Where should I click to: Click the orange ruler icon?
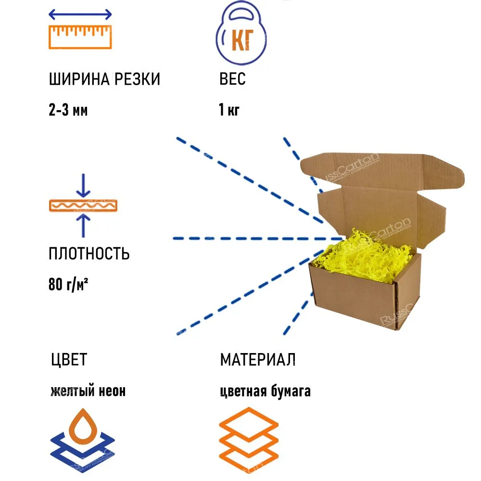[x=80, y=37]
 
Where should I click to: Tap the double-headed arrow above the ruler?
[x=80, y=14]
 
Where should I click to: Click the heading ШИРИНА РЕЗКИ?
[x=104, y=79]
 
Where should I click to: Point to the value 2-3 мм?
[x=68, y=110]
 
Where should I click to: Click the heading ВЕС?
[x=232, y=79]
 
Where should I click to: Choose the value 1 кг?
[x=229, y=110]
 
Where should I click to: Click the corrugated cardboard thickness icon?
[x=83, y=205]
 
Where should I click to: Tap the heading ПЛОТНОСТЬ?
[x=89, y=253]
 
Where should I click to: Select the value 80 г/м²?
[x=68, y=284]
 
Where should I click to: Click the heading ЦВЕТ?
[x=69, y=359]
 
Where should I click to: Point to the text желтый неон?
[x=88, y=391]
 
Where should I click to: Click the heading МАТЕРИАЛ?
[x=258, y=359]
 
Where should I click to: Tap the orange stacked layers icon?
[x=249, y=441]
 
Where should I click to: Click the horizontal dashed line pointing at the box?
[x=258, y=239]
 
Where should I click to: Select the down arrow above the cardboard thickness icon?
[x=83, y=186]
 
